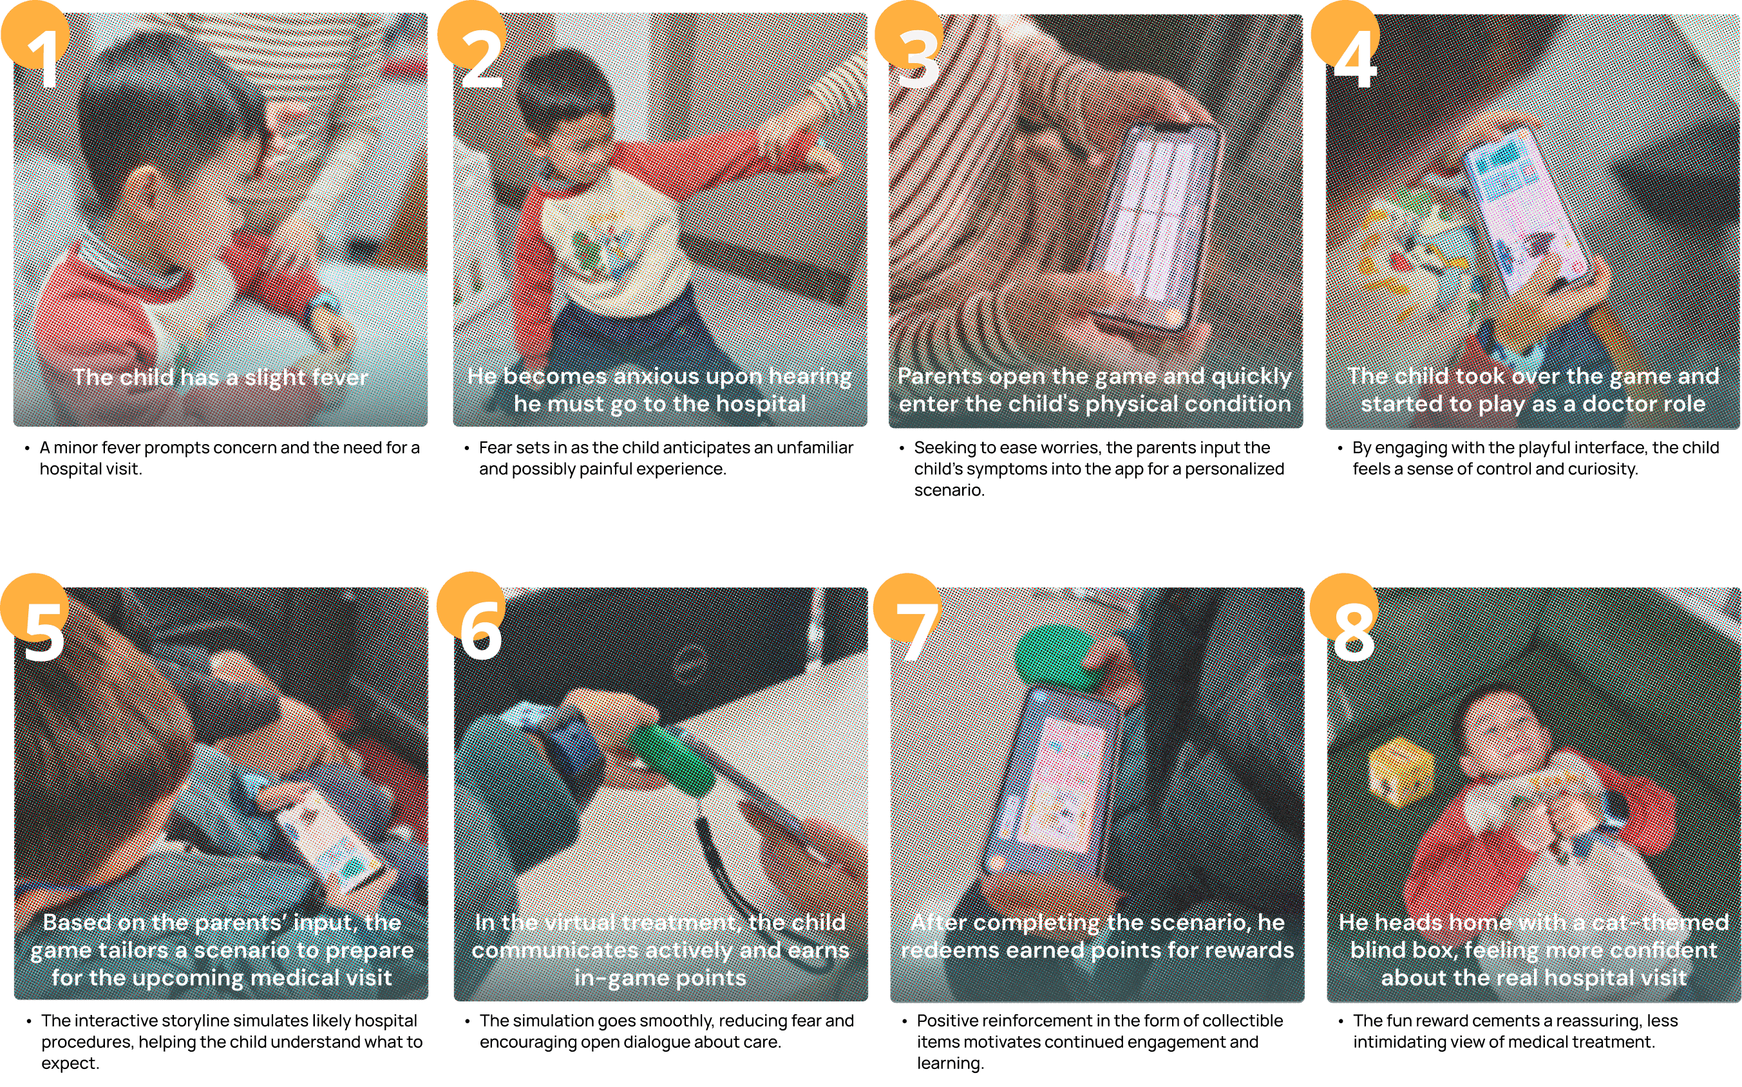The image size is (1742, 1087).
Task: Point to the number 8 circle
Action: tap(1343, 608)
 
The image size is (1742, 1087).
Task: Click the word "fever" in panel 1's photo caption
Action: tap(335, 376)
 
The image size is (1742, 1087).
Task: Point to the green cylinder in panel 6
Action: tap(669, 759)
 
